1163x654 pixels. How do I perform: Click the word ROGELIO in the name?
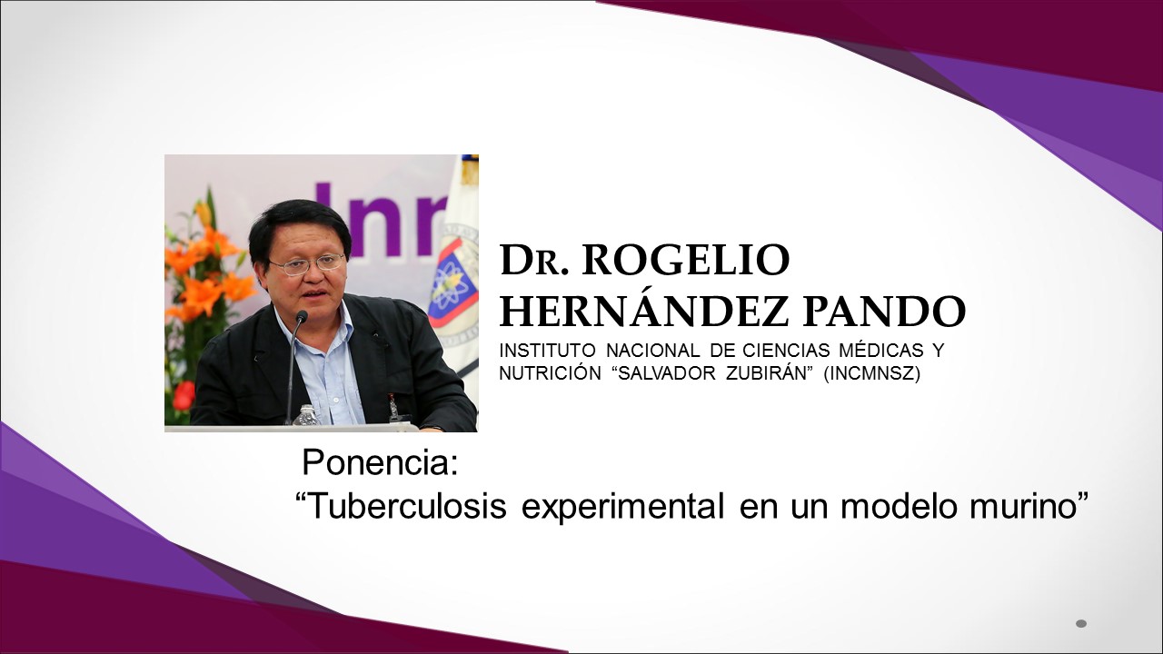point(685,260)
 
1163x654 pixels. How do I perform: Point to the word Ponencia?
point(380,462)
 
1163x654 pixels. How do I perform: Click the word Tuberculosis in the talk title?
point(402,506)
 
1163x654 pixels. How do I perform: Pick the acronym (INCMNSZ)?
point(871,373)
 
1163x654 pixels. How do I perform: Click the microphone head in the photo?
point(301,318)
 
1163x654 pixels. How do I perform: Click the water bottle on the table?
point(306,415)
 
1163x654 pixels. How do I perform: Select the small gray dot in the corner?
point(1081,623)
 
